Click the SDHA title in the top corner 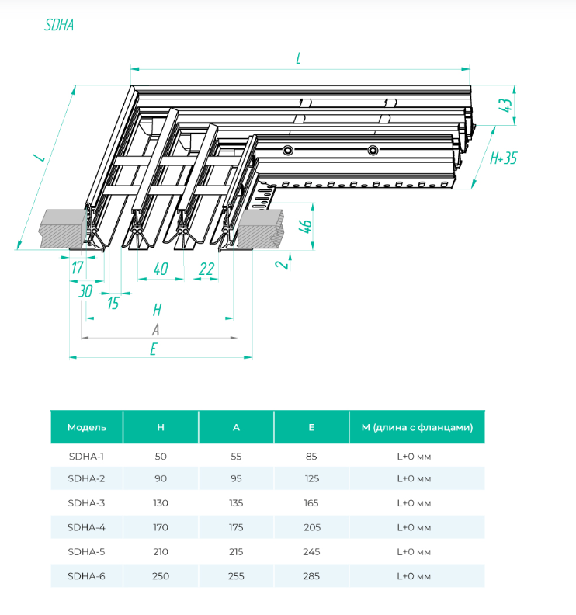coord(58,24)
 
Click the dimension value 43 coord(508,105)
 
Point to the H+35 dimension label coord(504,159)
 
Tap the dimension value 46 coord(306,228)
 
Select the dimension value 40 coord(161,269)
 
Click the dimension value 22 coord(206,269)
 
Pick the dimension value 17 coord(78,269)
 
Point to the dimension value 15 coord(113,303)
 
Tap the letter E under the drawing coord(154,349)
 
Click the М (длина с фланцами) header coord(417,427)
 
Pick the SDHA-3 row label coord(86,503)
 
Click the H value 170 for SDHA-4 coord(161,527)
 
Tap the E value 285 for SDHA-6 coord(311,576)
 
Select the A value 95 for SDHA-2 coord(236,479)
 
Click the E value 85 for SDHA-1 coord(311,456)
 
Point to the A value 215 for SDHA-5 coord(236,552)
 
